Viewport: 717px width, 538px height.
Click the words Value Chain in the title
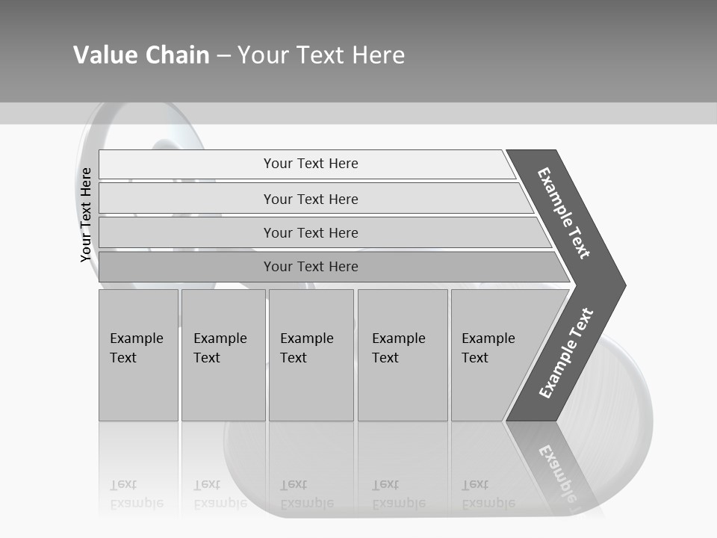point(141,55)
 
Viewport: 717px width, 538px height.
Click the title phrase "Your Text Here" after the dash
point(321,55)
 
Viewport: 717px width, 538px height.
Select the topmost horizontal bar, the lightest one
point(311,164)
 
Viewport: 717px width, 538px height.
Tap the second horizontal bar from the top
point(311,199)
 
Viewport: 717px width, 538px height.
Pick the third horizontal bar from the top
point(311,232)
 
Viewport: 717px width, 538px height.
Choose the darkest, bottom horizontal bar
point(311,267)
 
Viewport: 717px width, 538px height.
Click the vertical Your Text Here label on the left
point(86,214)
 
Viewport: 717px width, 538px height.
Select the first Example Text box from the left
point(138,355)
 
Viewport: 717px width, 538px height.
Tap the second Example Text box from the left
point(223,355)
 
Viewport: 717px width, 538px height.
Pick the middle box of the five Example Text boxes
point(311,355)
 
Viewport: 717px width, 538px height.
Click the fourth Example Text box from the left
point(403,355)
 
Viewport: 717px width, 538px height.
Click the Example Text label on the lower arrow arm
point(565,353)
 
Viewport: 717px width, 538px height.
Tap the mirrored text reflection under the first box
point(137,494)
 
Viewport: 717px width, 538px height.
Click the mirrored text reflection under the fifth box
point(488,494)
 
